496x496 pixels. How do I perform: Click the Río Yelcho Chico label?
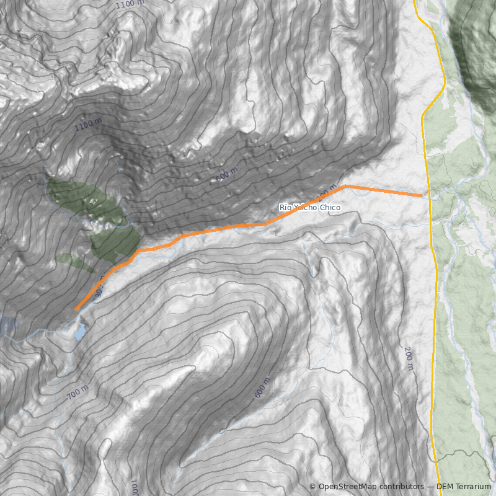point(310,207)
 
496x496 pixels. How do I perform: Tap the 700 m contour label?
point(78,392)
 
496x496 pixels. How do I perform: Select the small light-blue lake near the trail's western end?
point(80,332)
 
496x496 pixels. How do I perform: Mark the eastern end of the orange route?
point(422,196)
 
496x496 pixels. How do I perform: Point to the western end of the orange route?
point(76,309)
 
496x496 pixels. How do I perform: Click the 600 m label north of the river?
point(227,175)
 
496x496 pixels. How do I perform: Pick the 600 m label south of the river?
point(262,387)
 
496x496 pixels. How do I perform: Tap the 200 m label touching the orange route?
point(327,192)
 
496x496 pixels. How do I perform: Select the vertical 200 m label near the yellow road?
point(409,359)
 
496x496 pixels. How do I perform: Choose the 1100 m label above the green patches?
point(88,125)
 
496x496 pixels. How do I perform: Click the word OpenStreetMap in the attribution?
point(347,487)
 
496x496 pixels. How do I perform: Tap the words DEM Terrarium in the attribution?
point(463,487)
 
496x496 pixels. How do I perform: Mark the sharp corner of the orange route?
point(346,185)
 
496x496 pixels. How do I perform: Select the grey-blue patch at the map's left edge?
point(7,325)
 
